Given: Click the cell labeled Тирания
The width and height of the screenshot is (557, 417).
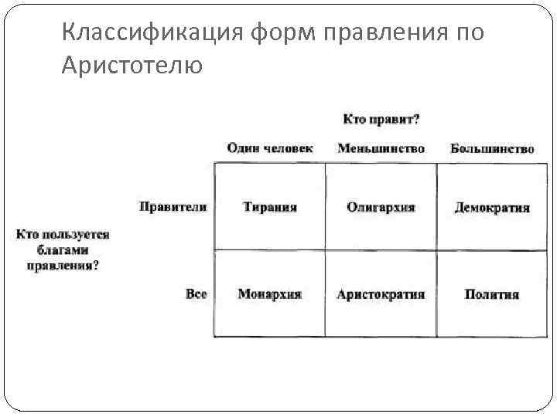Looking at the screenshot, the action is point(269,207).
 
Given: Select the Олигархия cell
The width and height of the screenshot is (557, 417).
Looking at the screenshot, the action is point(381,207).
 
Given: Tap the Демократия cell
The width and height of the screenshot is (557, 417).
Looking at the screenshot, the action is point(492,208).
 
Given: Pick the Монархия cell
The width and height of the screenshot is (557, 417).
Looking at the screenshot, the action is point(269,294).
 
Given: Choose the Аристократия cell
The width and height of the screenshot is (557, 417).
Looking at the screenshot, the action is point(381,294).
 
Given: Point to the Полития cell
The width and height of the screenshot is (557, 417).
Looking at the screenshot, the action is point(492,294).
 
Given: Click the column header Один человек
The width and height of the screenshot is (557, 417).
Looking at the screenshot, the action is point(270,148).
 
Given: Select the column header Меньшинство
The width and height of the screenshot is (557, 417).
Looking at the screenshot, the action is point(381,148).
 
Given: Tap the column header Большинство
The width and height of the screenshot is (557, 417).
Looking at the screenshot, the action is point(492,148).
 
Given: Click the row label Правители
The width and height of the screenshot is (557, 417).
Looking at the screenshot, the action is point(173,206).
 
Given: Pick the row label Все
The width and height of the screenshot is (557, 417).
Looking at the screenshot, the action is point(196,294).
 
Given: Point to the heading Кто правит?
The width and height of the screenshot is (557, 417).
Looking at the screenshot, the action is point(381,119).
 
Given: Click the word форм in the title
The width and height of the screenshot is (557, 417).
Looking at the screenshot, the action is point(279,33).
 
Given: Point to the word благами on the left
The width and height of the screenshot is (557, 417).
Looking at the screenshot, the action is point(63,250).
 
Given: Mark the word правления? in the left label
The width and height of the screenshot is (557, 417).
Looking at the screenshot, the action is point(63,265).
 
